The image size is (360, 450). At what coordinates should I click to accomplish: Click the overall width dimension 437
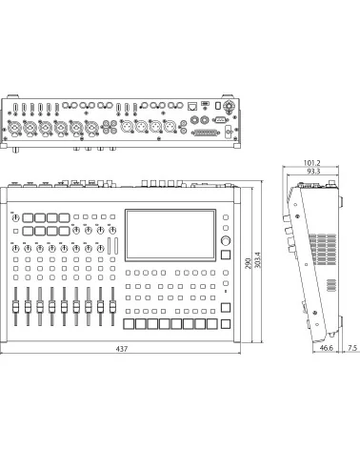121,350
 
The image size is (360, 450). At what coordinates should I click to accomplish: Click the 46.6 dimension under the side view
324,350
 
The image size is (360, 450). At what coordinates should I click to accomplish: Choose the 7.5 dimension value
352,350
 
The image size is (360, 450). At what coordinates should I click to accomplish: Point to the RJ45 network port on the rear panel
194,104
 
